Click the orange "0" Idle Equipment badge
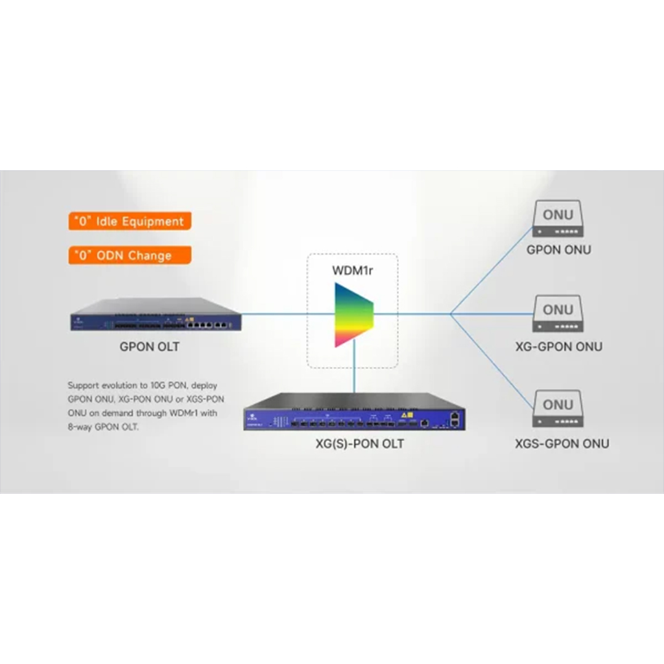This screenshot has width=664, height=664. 129,221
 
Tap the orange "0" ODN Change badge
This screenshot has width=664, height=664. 129,255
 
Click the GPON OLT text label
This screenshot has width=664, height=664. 149,347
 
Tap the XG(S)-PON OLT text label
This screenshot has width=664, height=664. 360,443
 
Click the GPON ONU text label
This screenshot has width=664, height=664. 558,250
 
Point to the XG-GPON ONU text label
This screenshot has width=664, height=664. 558,347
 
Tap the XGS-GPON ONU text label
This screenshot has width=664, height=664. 562,443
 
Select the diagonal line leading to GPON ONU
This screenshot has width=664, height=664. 492,271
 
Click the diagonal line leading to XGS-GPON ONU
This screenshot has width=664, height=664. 492,359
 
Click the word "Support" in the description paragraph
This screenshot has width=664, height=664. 82,386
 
